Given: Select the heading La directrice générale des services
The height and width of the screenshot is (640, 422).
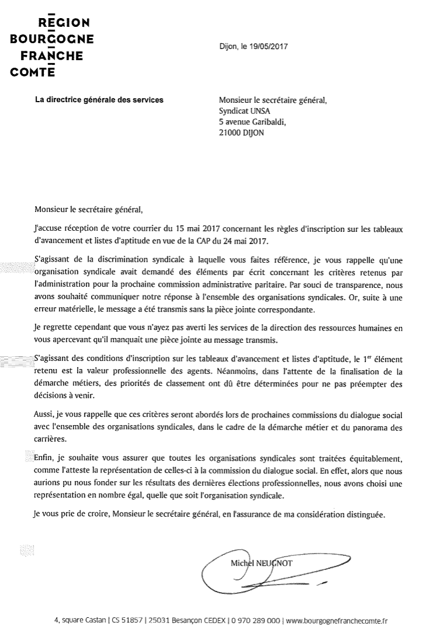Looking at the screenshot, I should [100, 100].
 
